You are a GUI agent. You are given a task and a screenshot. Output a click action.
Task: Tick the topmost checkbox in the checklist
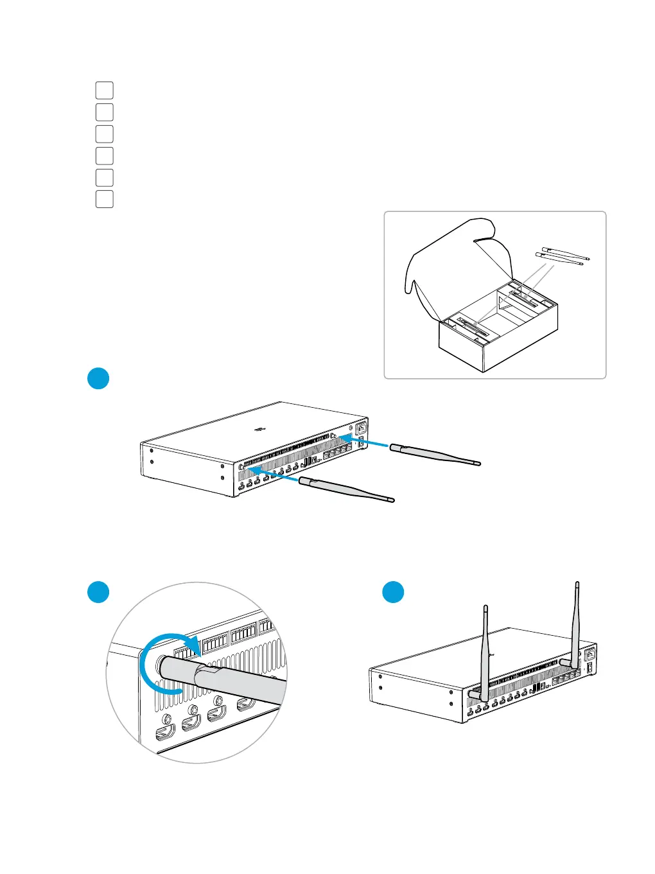(x=105, y=91)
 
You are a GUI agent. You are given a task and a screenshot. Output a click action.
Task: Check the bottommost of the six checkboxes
(x=105, y=199)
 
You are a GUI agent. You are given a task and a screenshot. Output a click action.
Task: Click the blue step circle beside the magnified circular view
(x=98, y=592)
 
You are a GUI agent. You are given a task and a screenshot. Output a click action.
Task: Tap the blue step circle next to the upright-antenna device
(x=393, y=592)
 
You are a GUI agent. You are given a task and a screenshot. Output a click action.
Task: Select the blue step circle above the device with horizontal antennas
(x=98, y=378)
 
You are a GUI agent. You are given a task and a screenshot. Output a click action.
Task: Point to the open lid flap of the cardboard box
(x=450, y=257)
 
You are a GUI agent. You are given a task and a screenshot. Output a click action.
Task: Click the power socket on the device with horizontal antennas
(x=361, y=426)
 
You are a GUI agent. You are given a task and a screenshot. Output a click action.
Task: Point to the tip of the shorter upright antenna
(x=485, y=607)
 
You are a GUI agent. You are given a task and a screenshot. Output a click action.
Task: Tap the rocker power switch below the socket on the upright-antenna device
(x=589, y=676)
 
